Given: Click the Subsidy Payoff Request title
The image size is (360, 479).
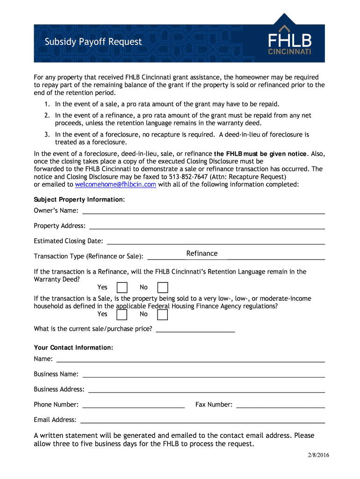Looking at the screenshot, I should [93, 42].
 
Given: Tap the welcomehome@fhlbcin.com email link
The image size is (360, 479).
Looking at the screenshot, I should [115, 184].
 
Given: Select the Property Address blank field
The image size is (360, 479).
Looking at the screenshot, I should [207, 226].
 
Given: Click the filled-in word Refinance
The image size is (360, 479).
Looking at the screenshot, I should [202, 254].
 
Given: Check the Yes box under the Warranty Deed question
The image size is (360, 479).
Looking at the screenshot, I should [122, 287].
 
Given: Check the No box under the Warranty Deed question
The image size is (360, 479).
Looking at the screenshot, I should [163, 287].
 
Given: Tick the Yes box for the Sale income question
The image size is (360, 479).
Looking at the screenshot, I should [122, 314].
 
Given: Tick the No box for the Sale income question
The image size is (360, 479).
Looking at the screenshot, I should [163, 314].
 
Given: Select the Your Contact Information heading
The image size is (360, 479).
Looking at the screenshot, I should [73, 348].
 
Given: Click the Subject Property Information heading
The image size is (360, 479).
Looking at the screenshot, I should [79, 199].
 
